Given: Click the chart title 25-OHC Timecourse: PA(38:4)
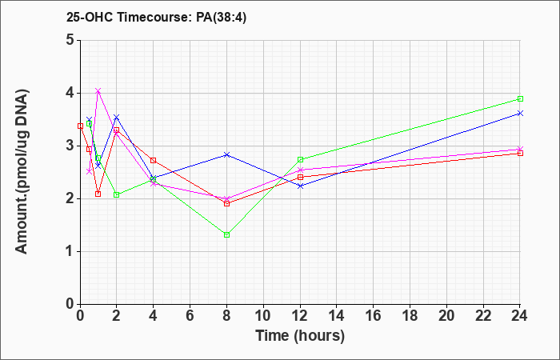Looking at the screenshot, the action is [x=157, y=17].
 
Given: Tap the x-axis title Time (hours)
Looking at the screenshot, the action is [x=300, y=335].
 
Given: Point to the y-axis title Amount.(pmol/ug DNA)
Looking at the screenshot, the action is [x=22, y=172].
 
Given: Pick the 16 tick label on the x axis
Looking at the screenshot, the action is [x=374, y=316].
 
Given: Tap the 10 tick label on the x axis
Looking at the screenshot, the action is [x=263, y=316].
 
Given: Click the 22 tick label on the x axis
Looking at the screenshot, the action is [x=483, y=316].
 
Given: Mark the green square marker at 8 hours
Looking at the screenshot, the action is [x=226, y=234].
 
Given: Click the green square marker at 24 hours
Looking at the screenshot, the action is [x=520, y=99].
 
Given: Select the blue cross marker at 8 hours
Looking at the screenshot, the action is [x=226, y=154].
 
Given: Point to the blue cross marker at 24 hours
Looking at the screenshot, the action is [x=520, y=114].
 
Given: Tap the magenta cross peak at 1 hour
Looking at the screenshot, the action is [x=98, y=90].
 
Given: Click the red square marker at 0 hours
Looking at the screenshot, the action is [x=80, y=126].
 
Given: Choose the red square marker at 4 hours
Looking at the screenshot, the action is [x=154, y=160].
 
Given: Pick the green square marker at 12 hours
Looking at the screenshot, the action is [x=300, y=160].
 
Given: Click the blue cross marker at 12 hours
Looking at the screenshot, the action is [x=300, y=186].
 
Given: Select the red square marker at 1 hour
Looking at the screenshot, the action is [x=98, y=194].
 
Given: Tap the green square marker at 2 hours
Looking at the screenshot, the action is [x=117, y=194].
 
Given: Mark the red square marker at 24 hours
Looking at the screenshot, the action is [x=520, y=154].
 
